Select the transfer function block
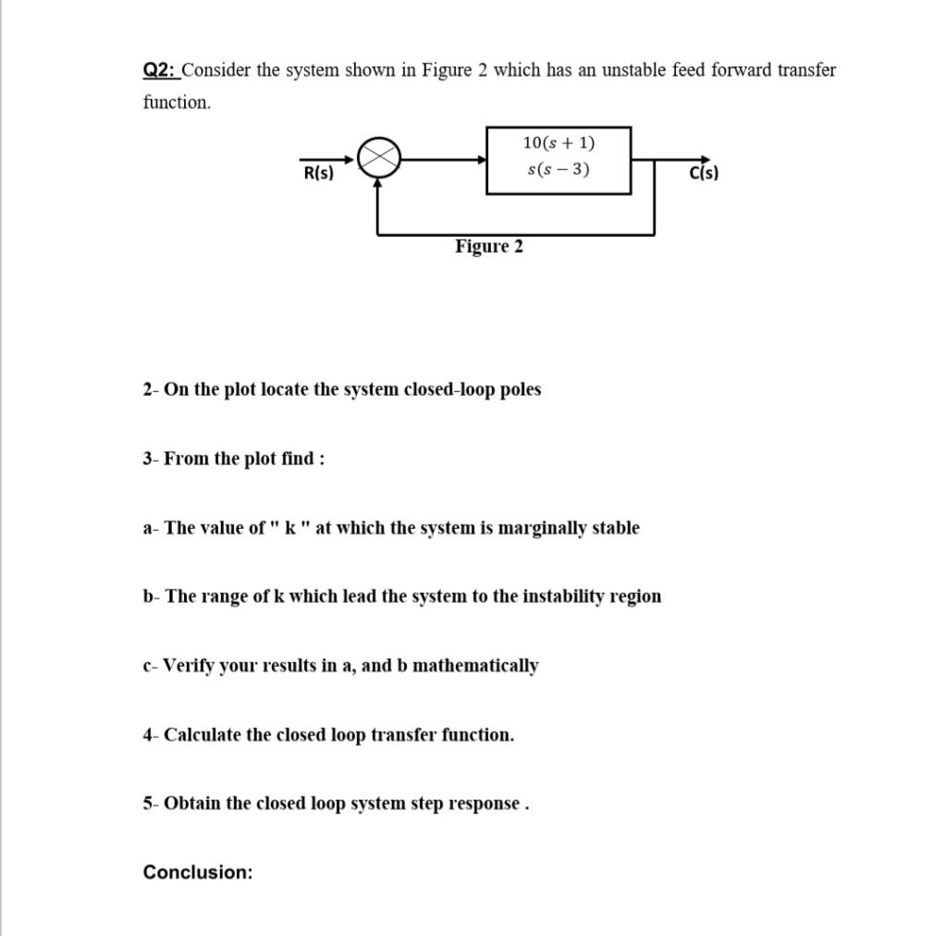coord(559,160)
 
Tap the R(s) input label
coord(318,173)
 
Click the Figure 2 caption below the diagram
coord(488,246)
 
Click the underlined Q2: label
coord(161,70)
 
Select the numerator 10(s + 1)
coord(559,142)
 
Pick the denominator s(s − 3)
coord(559,169)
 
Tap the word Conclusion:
coord(198,872)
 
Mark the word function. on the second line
coord(177,103)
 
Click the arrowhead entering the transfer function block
coord(482,159)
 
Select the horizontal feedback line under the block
coord(515,234)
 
